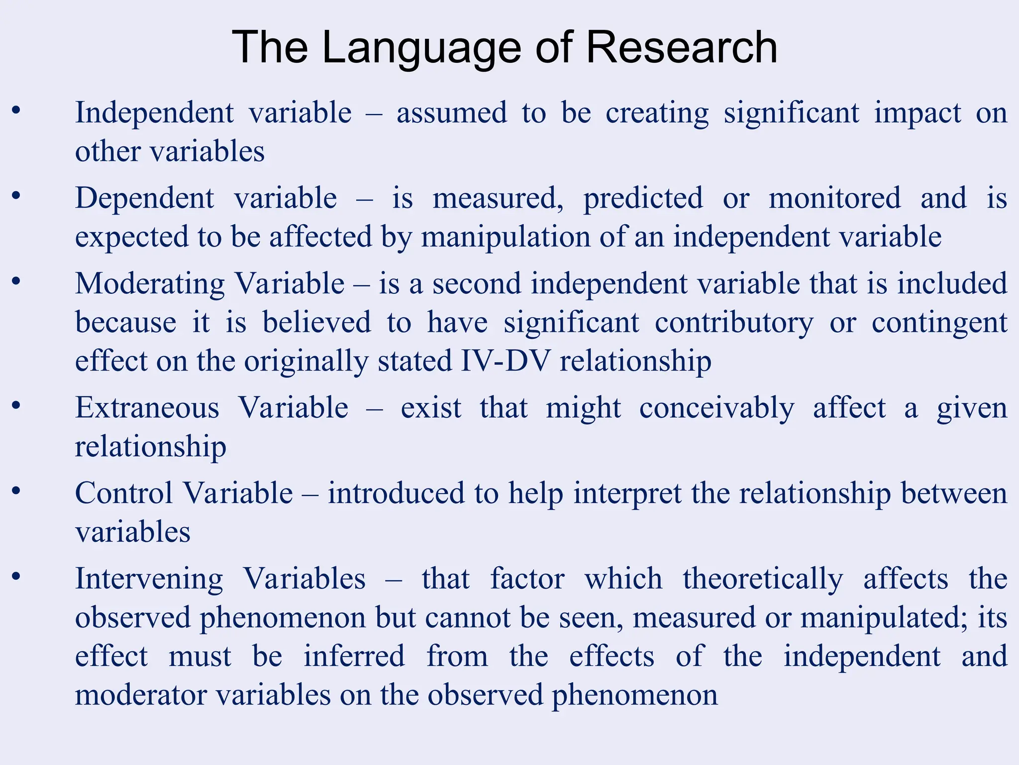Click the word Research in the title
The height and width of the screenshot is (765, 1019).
682,47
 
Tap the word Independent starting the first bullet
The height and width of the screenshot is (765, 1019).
154,113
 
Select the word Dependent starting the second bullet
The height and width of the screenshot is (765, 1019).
145,199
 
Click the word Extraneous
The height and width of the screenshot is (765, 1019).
147,408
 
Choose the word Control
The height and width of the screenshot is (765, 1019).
124,494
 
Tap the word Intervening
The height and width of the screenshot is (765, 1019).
149,579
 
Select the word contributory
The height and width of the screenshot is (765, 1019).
734,323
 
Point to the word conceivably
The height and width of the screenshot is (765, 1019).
717,408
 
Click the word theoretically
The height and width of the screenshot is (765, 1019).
763,579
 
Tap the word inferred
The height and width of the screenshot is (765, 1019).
354,656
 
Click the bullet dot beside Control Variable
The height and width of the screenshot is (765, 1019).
16,491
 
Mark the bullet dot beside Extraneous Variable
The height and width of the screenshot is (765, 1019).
16,405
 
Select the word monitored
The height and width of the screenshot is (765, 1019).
834,199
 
